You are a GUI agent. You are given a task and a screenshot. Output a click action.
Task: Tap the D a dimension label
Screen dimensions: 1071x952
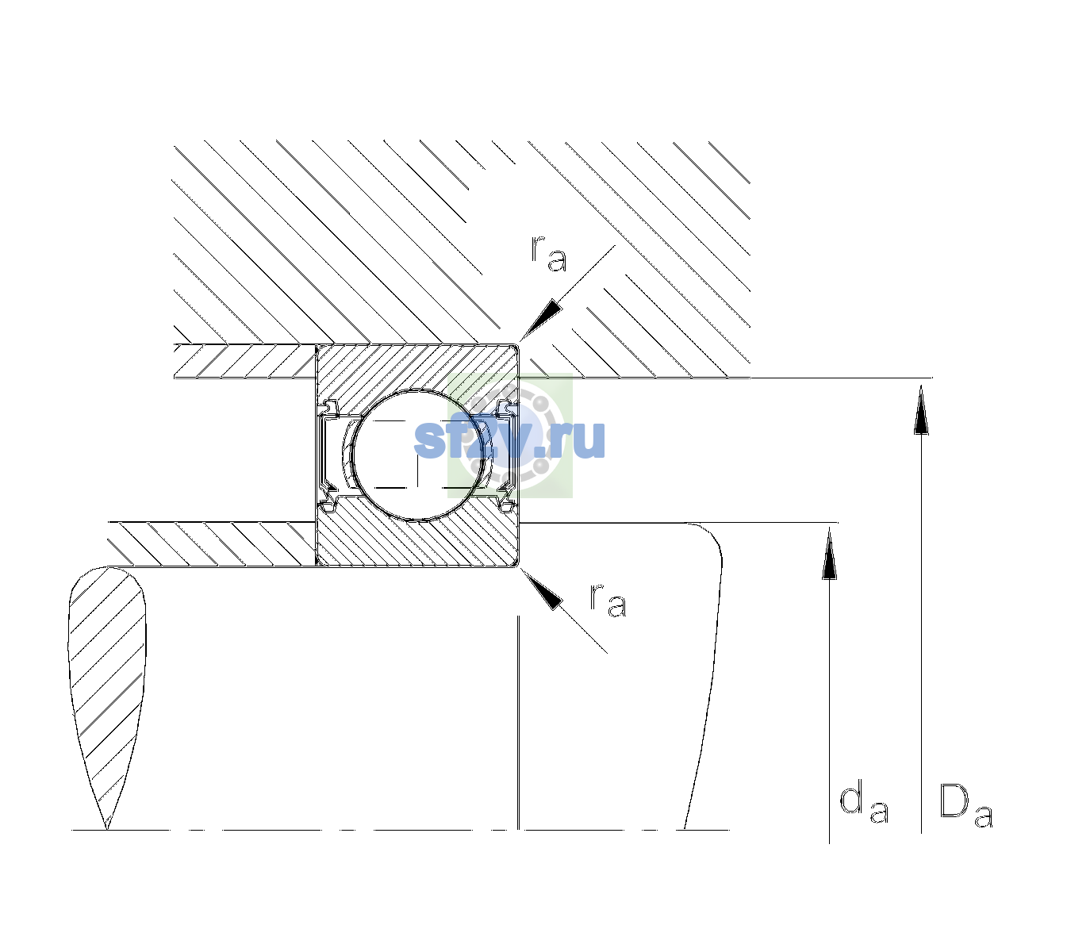coord(965,805)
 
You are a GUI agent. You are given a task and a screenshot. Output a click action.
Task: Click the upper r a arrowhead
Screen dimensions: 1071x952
coord(541,320)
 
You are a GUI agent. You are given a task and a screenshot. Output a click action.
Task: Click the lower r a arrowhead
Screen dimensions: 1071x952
coord(542,589)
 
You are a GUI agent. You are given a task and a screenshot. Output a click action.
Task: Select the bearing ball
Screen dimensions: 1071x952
coord(419,455)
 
